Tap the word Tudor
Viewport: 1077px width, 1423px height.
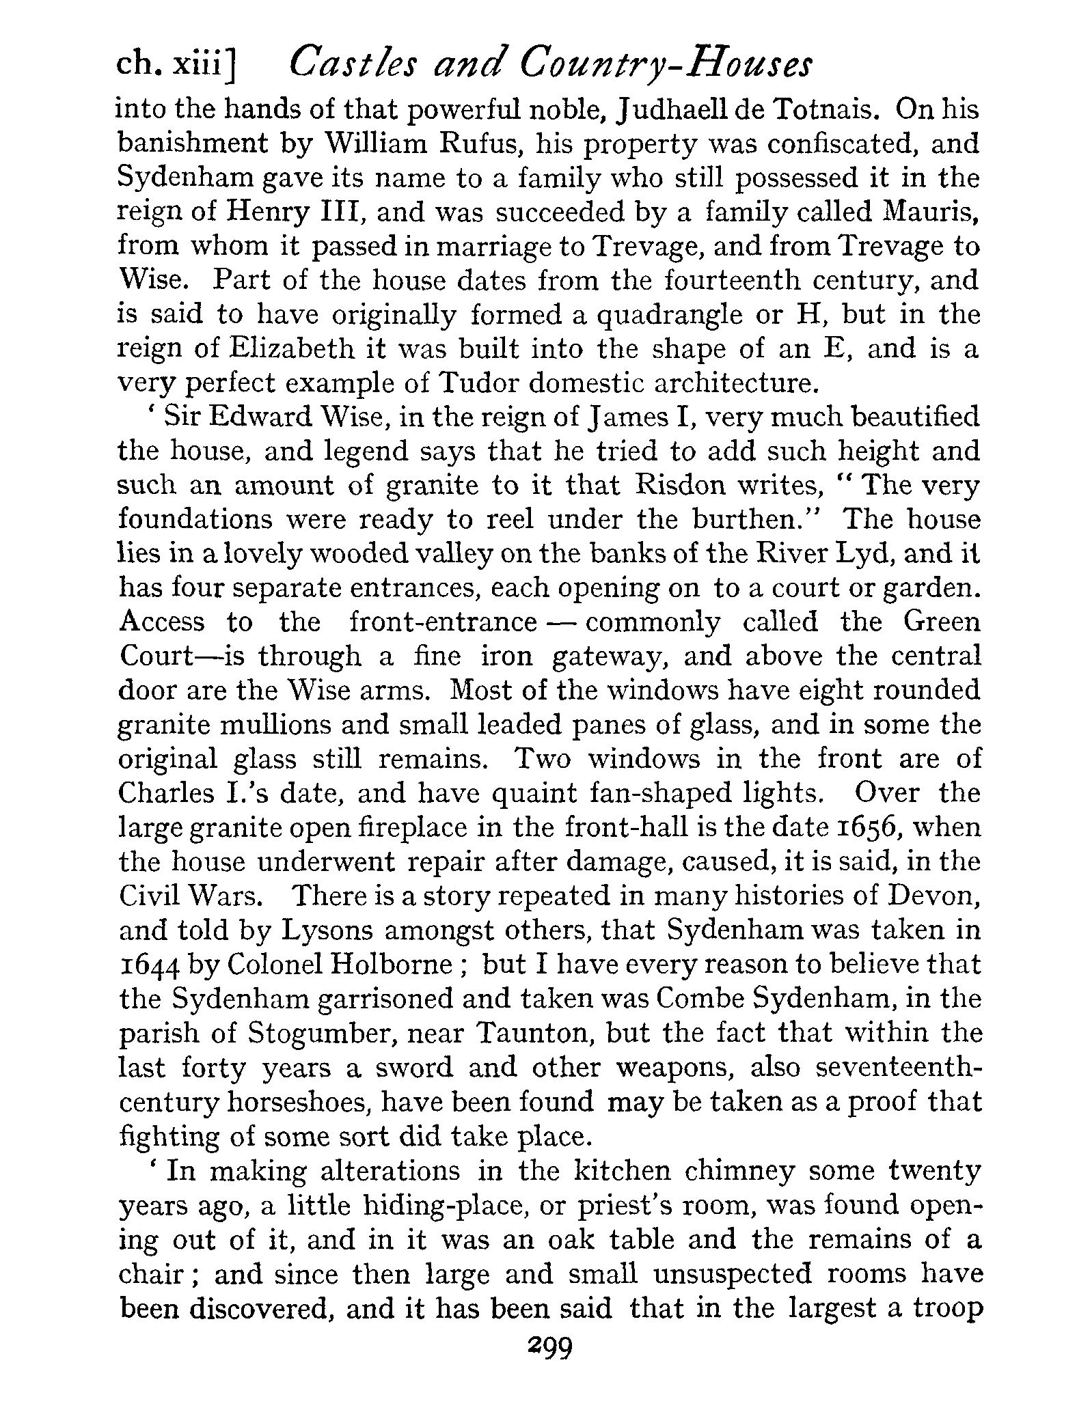(x=479, y=383)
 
